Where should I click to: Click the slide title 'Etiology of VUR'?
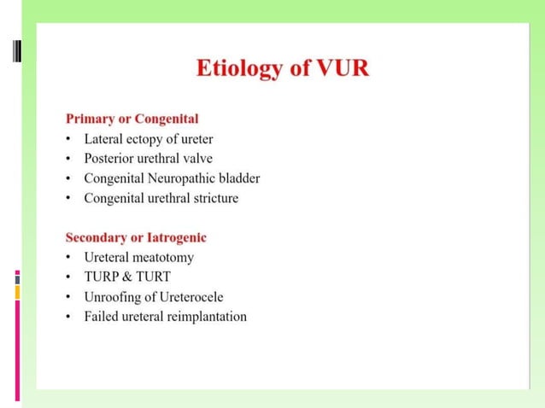(x=283, y=67)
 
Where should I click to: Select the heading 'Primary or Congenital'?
(x=132, y=118)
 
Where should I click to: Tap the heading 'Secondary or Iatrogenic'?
(x=136, y=236)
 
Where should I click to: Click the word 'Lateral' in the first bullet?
(x=103, y=138)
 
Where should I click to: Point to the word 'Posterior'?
(x=109, y=158)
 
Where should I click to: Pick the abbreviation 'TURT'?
(x=153, y=277)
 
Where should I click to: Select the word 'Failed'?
(x=101, y=317)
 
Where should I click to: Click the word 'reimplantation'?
(x=206, y=317)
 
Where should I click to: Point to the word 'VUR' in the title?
(x=343, y=67)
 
